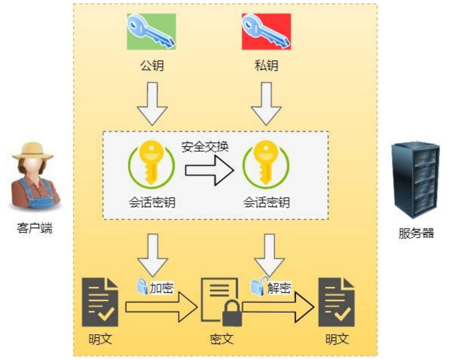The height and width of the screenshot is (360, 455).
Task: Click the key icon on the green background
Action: click(151, 31)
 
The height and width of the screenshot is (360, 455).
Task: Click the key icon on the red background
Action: click(266, 31)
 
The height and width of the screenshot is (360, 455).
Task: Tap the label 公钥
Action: click(152, 66)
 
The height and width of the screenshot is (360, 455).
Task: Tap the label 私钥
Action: click(266, 66)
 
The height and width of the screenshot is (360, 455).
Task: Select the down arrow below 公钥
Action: click(152, 104)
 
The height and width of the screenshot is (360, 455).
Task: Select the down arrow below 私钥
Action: click(266, 104)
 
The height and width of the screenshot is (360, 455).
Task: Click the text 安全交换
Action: click(205, 147)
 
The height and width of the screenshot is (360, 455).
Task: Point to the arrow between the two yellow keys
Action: click(209, 170)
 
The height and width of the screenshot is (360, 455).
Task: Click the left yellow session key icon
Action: click(152, 164)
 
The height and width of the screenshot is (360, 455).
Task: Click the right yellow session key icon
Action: click(266, 164)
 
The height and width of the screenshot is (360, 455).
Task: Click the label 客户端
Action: click(35, 228)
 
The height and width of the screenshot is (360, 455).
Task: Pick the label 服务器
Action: click(416, 233)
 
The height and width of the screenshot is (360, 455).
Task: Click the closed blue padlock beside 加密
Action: click(142, 286)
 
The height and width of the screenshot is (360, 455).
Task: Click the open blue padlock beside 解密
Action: click(258, 286)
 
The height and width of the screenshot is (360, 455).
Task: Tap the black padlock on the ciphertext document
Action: click(232, 314)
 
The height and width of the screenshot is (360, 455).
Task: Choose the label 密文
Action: click(222, 339)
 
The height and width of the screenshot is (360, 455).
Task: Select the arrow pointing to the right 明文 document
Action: click(278, 307)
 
